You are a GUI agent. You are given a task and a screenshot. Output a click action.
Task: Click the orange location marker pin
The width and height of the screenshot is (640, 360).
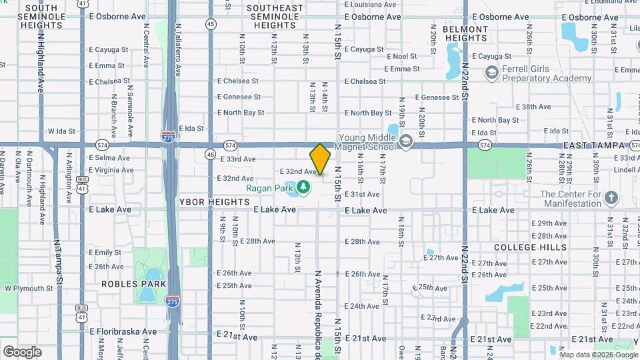point(320,159)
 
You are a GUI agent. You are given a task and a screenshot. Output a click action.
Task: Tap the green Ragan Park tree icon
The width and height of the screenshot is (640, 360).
point(304,187)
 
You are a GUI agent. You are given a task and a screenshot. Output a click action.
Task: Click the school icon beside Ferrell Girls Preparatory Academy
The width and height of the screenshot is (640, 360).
point(492,73)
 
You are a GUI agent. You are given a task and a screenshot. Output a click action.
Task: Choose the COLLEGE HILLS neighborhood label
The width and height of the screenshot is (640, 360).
point(531,247)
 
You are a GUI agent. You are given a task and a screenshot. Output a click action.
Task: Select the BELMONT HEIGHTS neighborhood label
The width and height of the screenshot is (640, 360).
point(465,33)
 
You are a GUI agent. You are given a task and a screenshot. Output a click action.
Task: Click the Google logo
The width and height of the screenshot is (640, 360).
point(22,351)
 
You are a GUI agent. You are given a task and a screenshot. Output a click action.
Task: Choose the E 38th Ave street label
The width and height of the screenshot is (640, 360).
point(535,107)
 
